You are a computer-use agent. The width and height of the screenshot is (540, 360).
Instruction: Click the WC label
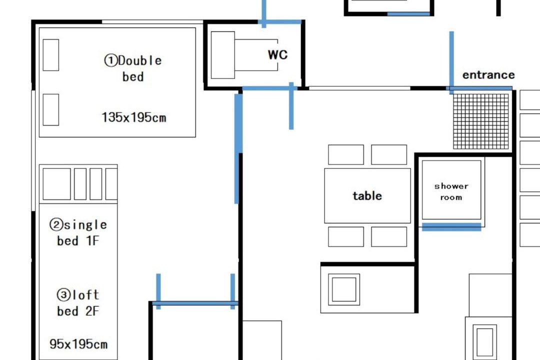click(x=277, y=54)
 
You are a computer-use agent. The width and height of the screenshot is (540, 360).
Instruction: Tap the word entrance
click(x=488, y=75)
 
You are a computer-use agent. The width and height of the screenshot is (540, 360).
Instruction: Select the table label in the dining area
click(x=367, y=195)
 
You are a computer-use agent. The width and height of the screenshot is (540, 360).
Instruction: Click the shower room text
click(x=451, y=191)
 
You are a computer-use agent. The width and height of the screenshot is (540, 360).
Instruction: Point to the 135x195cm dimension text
click(x=134, y=117)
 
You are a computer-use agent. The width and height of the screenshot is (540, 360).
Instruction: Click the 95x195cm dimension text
click(x=78, y=344)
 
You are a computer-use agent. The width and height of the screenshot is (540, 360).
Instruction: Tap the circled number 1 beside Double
click(x=111, y=60)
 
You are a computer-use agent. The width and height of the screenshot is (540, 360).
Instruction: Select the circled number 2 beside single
click(x=56, y=224)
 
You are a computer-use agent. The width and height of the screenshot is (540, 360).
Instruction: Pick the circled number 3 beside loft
click(x=63, y=294)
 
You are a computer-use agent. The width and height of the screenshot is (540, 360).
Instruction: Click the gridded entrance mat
click(x=481, y=121)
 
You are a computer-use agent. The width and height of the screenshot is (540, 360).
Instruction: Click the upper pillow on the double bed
click(x=50, y=55)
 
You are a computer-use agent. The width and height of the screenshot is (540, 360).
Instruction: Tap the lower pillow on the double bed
click(x=50, y=109)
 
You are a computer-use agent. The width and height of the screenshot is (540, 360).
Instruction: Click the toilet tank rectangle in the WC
click(x=223, y=55)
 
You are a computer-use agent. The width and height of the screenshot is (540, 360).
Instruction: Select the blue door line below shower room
click(x=451, y=227)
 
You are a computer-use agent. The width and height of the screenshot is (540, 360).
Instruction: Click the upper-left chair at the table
click(x=346, y=154)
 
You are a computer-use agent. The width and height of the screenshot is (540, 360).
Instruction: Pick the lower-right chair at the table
click(x=389, y=236)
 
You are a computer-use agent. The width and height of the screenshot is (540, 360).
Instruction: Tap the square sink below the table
click(x=343, y=289)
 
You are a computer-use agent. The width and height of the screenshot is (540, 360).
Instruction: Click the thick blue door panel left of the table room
click(x=238, y=149)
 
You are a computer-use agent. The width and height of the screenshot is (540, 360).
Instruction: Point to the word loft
click(x=85, y=294)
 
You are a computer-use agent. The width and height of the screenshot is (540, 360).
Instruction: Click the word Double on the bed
click(x=140, y=60)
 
